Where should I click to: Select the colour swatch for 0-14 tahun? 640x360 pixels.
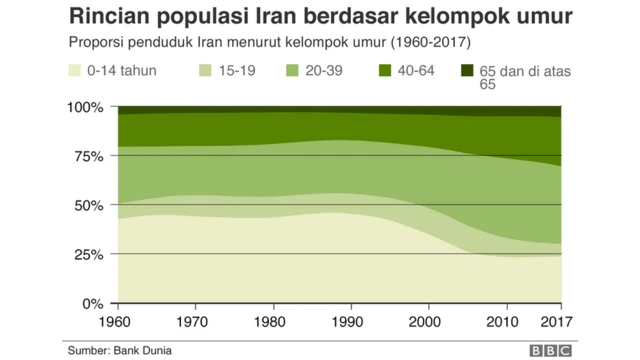[74, 71]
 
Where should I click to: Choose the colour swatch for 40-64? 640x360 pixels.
[384, 71]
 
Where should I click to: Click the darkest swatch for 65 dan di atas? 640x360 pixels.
[466, 71]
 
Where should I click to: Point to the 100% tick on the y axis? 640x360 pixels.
[85, 107]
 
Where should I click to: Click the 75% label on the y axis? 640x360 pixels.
[89, 156]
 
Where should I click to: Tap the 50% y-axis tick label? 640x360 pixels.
[89, 205]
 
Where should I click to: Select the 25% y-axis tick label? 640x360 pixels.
[89, 254]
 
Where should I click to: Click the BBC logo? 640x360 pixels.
[549, 349]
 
